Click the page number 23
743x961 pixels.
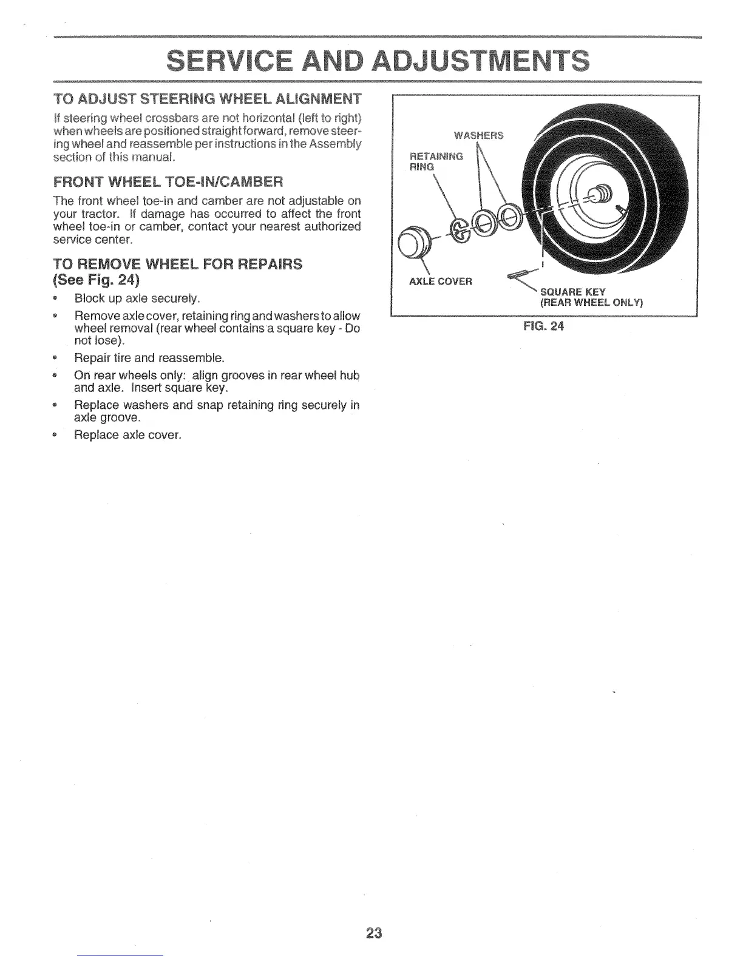click(373, 932)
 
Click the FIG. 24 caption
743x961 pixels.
click(544, 326)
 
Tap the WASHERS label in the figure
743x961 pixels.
click(480, 135)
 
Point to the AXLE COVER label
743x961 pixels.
click(441, 282)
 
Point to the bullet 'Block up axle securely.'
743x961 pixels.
click(137, 298)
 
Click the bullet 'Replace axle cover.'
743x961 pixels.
click(127, 435)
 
